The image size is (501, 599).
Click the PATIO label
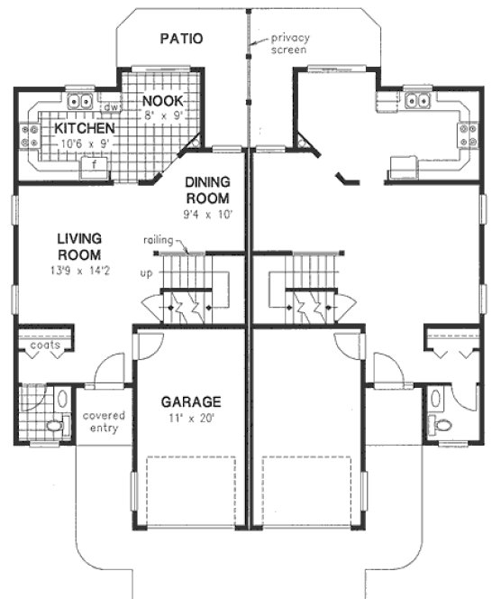click(x=181, y=39)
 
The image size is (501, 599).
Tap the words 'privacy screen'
click(x=289, y=45)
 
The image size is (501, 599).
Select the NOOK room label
click(x=164, y=100)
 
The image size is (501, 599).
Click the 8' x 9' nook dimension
click(x=164, y=115)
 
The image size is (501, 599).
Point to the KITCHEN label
click(x=84, y=129)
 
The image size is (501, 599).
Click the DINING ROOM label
click(x=207, y=189)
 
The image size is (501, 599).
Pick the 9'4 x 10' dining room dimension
click(x=207, y=215)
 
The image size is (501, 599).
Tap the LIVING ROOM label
click(x=78, y=247)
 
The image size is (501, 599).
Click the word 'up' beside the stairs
click(x=146, y=272)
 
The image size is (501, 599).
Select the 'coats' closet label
click(x=44, y=346)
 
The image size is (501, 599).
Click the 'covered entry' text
click(x=104, y=421)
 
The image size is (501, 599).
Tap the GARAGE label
click(x=191, y=401)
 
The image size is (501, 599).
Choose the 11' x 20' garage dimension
click(x=191, y=418)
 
